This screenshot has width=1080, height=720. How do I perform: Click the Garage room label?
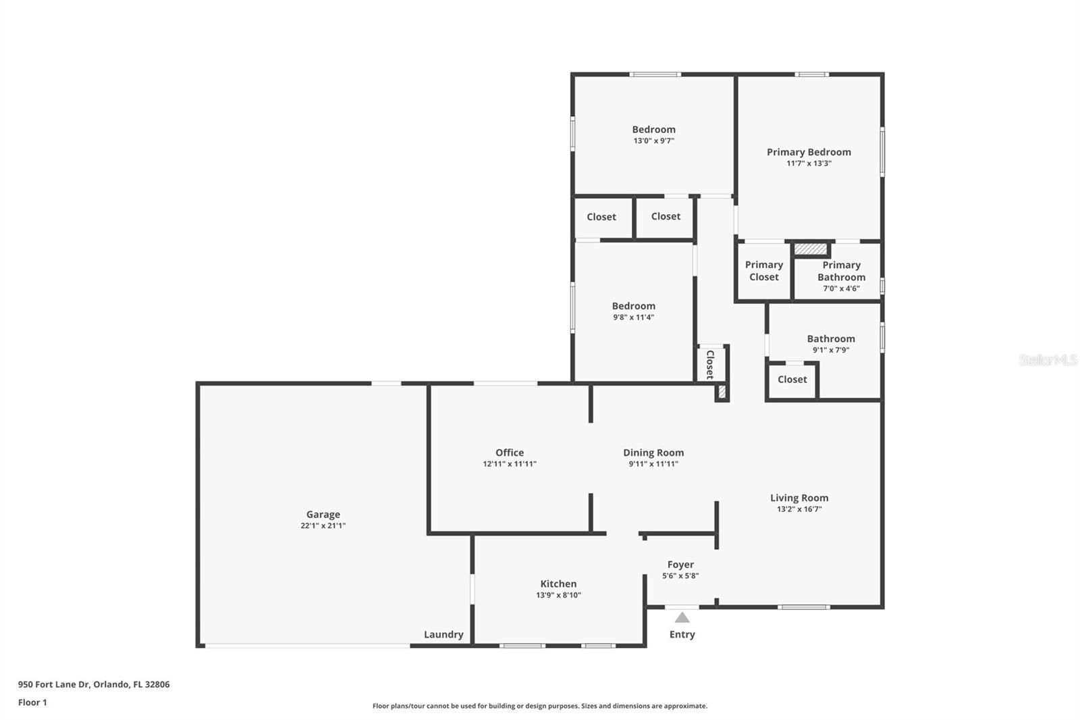tap(323, 515)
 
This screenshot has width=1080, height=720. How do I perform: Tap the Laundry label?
tap(443, 634)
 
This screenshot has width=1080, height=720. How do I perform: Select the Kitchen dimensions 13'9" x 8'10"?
tap(558, 595)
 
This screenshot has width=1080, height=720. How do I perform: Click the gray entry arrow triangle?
tap(682, 617)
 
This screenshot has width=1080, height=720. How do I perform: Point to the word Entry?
tap(682, 634)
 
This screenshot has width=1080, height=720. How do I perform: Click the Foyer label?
tap(680, 565)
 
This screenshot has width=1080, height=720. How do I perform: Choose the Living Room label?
tap(799, 498)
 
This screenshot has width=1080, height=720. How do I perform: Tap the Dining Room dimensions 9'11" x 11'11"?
tap(653, 464)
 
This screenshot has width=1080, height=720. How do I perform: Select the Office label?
tap(510, 453)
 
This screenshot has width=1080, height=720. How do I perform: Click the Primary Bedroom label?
tap(809, 152)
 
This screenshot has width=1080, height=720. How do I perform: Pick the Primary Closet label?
tap(764, 271)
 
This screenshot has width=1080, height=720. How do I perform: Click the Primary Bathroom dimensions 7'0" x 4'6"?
tap(841, 288)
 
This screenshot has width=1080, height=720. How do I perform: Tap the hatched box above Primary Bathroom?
tap(810, 249)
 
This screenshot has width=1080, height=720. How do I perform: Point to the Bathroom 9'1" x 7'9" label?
tap(831, 339)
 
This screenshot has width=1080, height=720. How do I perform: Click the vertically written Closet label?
tap(710, 364)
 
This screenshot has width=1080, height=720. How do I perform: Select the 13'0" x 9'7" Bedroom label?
tap(653, 130)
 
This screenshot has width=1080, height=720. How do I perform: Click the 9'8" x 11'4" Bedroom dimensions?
tap(633, 317)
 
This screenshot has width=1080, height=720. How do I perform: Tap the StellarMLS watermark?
tap(1048, 360)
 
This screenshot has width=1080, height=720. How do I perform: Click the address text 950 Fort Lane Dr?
tap(54, 684)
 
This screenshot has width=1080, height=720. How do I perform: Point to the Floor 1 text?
tap(32, 702)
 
